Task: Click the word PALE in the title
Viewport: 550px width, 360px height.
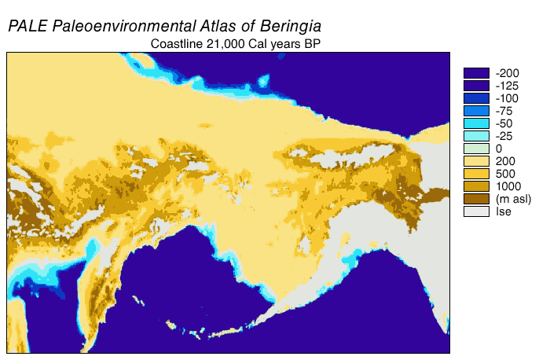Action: (27, 26)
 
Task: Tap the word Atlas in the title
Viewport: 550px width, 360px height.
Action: (211, 26)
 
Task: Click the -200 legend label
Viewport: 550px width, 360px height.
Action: (508, 73)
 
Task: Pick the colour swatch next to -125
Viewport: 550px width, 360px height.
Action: (476, 86)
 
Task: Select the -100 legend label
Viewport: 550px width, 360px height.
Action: (508, 98)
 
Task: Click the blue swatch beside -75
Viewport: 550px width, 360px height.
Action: (476, 111)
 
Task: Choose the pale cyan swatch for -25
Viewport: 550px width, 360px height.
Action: (476, 136)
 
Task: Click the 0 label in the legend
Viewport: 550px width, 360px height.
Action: (499, 149)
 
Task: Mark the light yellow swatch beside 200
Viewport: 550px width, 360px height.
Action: (476, 161)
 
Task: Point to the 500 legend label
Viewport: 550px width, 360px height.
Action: (504, 174)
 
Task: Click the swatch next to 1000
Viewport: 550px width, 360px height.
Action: (476, 186)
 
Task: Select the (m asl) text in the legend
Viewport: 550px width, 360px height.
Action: (512, 199)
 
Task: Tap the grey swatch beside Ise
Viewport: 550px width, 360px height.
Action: (476, 211)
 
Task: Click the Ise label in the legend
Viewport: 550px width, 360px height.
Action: (503, 211)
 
